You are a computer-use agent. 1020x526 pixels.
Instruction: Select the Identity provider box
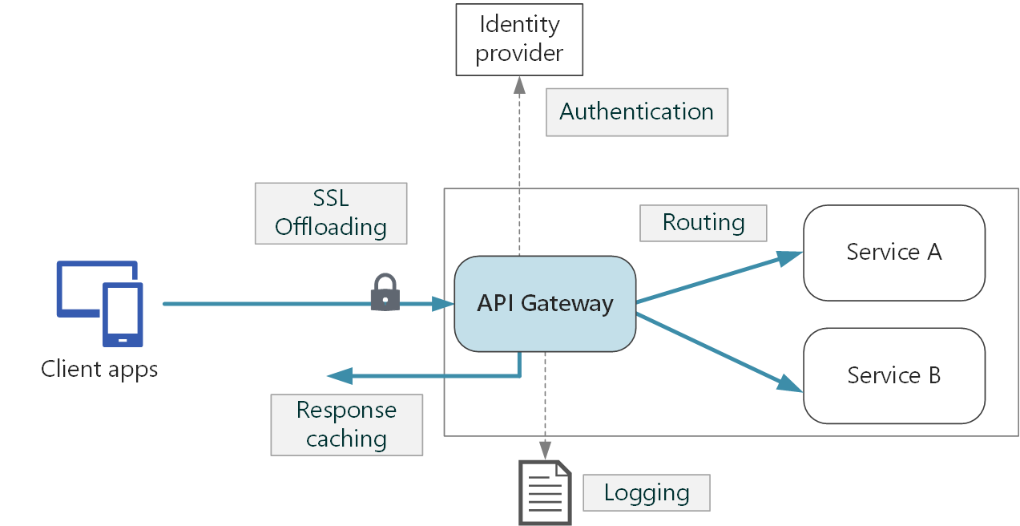click(x=519, y=39)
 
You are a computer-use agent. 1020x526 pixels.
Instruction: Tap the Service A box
click(x=893, y=253)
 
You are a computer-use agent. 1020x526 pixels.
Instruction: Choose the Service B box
click(x=893, y=375)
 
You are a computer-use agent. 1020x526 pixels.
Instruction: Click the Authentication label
click(x=636, y=112)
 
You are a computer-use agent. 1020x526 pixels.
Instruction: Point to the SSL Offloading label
click(x=330, y=213)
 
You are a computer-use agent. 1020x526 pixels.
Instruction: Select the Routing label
click(x=703, y=223)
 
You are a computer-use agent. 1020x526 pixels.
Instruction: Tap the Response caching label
click(x=346, y=425)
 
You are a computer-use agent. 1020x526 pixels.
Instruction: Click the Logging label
click(x=646, y=492)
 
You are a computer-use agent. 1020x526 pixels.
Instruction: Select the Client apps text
click(x=99, y=370)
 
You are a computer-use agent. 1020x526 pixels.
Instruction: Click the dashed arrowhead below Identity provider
click(x=519, y=85)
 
